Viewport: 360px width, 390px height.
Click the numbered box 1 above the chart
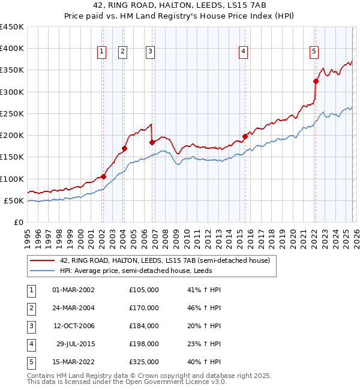103,52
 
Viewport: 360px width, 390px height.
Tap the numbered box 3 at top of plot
150,52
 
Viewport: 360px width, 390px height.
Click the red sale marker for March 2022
316,81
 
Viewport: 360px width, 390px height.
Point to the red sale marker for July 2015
245,136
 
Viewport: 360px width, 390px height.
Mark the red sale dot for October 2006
152,142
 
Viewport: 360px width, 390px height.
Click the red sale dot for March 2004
125,148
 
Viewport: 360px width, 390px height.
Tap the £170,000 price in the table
144,308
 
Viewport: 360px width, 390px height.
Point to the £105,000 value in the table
144,290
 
